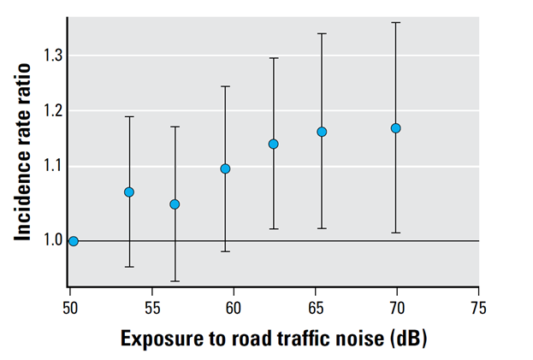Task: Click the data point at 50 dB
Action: [74, 241]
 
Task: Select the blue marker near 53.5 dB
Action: [129, 192]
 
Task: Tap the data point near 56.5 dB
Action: [175, 204]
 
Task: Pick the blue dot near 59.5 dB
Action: [225, 168]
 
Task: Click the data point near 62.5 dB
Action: [274, 144]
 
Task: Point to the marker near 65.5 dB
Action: [322, 132]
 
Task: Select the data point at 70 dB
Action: [396, 128]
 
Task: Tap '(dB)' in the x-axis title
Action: [406, 339]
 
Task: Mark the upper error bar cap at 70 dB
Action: [396, 22]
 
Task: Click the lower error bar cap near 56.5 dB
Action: [175, 281]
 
